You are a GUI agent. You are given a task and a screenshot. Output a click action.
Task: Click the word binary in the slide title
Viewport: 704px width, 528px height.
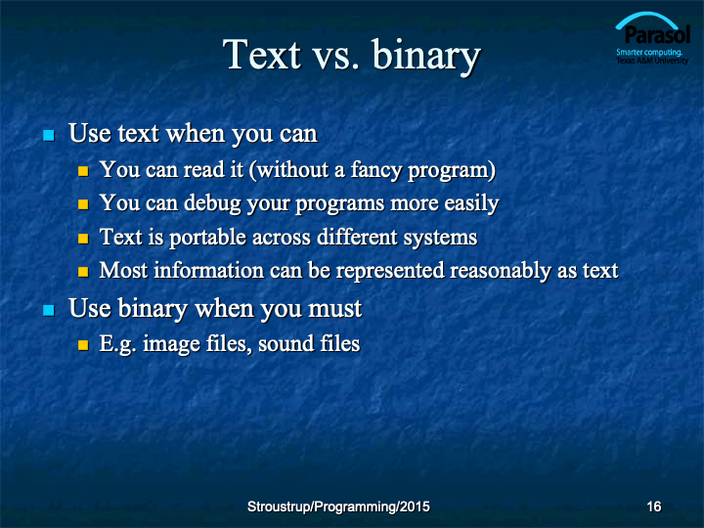(x=426, y=57)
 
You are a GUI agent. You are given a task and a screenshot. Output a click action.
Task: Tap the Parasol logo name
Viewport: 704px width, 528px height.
(x=657, y=34)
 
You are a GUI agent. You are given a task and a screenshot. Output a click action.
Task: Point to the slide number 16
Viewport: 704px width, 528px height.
(x=654, y=506)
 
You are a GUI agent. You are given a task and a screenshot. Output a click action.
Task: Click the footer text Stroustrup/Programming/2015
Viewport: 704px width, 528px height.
(x=338, y=506)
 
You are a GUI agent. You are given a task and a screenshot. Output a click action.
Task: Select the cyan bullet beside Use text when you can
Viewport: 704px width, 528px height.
(x=49, y=135)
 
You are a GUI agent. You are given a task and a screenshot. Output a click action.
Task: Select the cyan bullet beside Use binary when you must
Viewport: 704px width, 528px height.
(x=49, y=310)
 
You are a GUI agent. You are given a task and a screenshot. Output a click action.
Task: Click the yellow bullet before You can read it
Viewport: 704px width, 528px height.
(x=83, y=171)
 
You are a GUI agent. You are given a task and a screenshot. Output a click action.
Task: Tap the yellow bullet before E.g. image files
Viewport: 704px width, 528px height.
(x=83, y=345)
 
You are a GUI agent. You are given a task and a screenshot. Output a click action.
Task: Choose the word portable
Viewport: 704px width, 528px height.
(x=208, y=238)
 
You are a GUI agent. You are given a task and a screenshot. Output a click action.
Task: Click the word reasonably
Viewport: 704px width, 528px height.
(x=501, y=272)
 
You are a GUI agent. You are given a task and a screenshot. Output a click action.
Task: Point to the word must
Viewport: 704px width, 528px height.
(x=334, y=309)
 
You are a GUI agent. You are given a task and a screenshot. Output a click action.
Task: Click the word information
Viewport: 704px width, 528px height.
(x=209, y=271)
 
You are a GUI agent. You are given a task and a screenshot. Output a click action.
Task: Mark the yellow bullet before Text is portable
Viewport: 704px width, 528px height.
(x=83, y=238)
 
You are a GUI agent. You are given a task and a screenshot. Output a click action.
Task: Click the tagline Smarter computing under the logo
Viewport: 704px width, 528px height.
(x=649, y=52)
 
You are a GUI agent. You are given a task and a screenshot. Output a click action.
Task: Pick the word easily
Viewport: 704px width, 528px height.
(x=471, y=203)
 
